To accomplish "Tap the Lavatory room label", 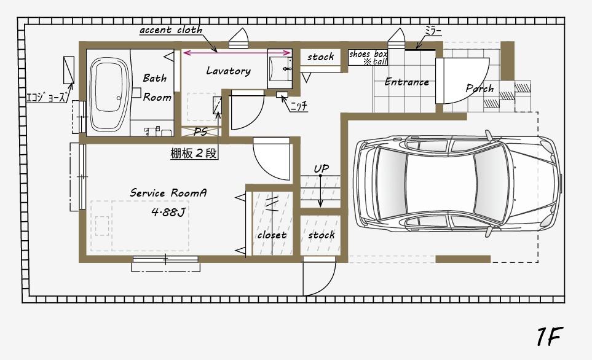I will (x=228, y=71).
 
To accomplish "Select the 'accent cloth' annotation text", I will (x=170, y=30).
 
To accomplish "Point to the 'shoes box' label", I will (x=368, y=55).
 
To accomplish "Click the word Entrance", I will (x=406, y=82).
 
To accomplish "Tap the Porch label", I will (x=480, y=88).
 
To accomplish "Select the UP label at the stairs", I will (x=321, y=168).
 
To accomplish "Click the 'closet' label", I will (x=272, y=235).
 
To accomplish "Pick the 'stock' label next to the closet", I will (x=321, y=235).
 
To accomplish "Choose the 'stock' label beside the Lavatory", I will (x=320, y=57).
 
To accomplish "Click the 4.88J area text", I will (x=168, y=213).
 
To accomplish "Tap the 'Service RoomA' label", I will (x=168, y=193).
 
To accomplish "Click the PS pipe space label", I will (x=200, y=131).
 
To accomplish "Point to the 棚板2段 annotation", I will (x=194, y=154).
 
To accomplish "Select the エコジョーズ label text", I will (x=45, y=97).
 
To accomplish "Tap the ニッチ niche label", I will (x=298, y=106).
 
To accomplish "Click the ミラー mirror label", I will (x=433, y=30).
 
